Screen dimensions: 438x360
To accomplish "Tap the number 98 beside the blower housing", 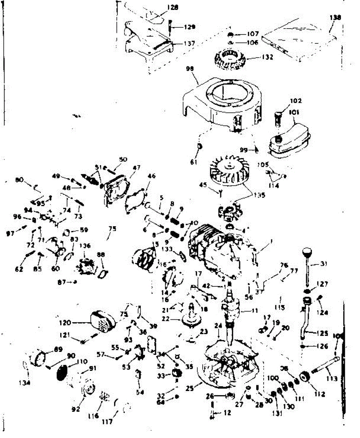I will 190,69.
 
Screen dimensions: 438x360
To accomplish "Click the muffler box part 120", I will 102,320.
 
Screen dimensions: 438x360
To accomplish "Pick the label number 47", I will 136,168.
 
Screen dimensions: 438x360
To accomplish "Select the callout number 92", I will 76,410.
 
